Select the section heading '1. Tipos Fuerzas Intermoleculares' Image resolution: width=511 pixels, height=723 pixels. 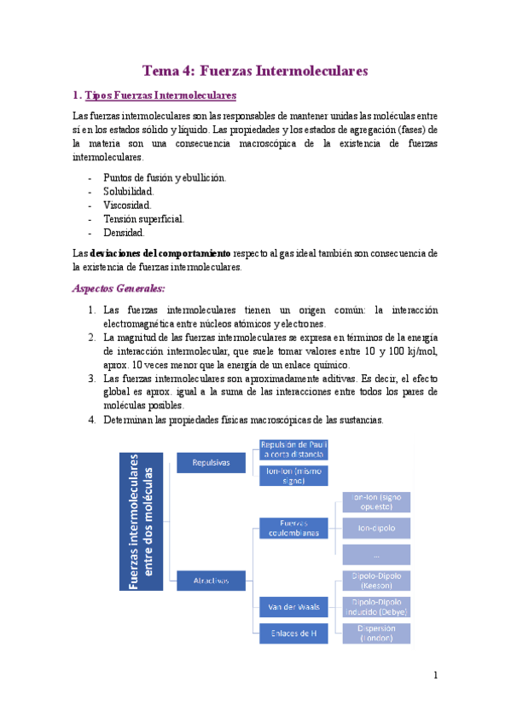pos(154,95)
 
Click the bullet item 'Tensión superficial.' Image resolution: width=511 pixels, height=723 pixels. pos(142,218)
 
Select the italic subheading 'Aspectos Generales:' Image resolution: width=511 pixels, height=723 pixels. pos(119,289)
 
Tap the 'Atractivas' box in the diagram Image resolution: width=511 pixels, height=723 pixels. pos(210,581)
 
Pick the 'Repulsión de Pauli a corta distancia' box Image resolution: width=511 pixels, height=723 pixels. pos(293,449)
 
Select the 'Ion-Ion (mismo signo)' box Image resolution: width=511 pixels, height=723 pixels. pos(293,475)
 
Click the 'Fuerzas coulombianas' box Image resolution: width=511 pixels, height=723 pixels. pos(293,528)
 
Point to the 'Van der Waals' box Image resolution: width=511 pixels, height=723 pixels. pos(293,607)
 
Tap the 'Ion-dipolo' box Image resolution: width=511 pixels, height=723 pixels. pos(375,528)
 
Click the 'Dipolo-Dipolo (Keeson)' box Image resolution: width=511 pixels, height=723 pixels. pos(375,581)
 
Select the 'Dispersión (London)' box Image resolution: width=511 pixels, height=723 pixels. pos(375,633)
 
